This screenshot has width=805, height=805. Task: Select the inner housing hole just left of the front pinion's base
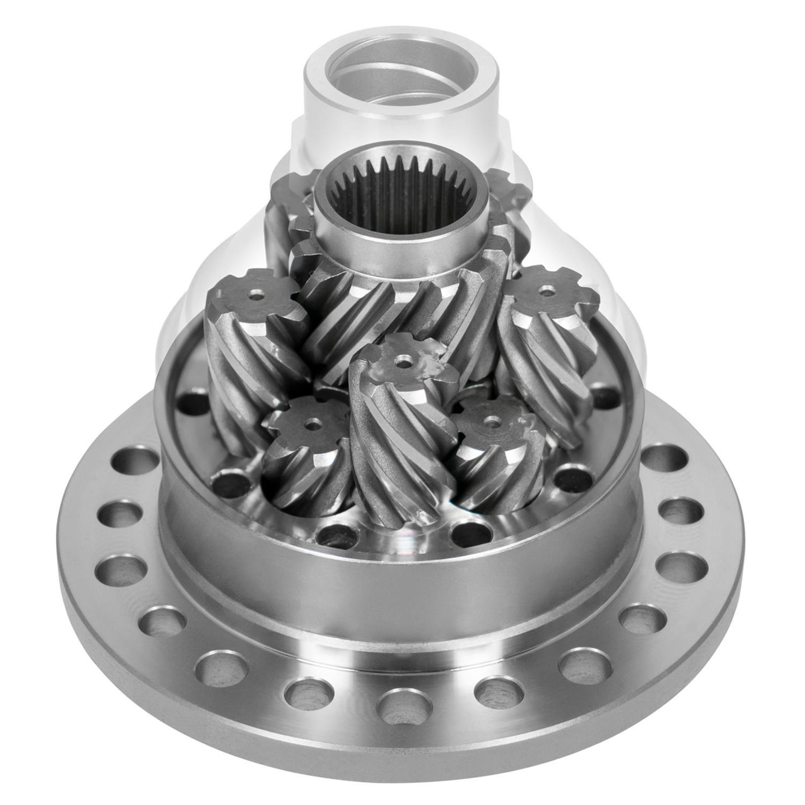tap(336, 532)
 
